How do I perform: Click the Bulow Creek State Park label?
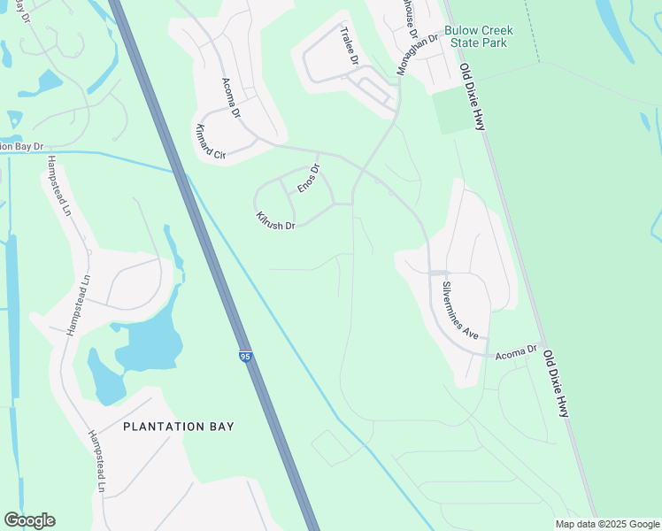pyautogui.click(x=479, y=36)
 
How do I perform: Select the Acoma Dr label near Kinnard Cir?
pyautogui.click(x=231, y=98)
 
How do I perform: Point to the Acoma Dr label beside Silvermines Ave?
pyautogui.click(x=517, y=350)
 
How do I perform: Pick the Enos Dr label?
pyautogui.click(x=307, y=180)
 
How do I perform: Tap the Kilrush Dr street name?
pyautogui.click(x=274, y=220)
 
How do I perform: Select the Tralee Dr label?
pyautogui.click(x=349, y=47)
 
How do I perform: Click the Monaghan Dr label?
pyautogui.click(x=418, y=51)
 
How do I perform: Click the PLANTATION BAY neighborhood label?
pyautogui.click(x=179, y=427)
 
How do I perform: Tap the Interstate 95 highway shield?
pyautogui.click(x=245, y=357)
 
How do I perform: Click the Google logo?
pyautogui.click(x=30, y=520)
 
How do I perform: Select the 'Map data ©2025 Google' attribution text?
pyautogui.click(x=607, y=524)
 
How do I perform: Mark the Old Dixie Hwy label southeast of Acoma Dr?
pyautogui.click(x=556, y=383)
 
